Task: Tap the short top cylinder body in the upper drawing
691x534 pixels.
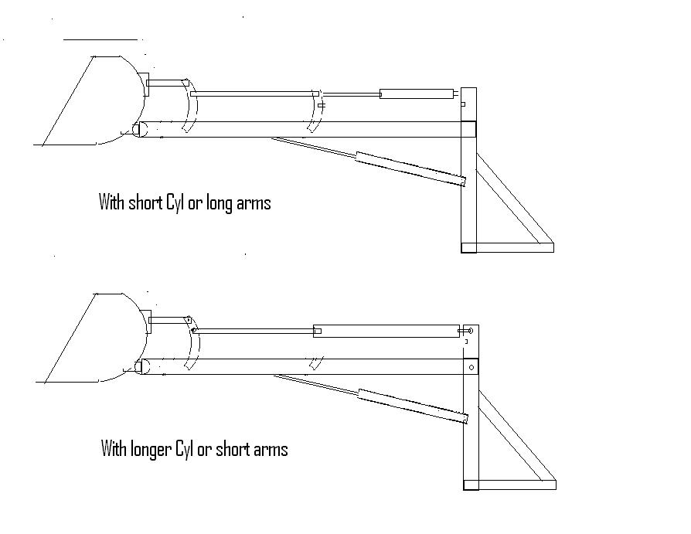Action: tap(417, 94)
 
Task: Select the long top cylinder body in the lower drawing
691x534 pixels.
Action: tap(386, 331)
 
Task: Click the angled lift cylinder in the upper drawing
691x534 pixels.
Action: tap(410, 168)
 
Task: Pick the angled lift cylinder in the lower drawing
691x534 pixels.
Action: tap(413, 406)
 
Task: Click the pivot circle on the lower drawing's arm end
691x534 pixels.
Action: tap(471, 367)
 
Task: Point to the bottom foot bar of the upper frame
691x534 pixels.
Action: tap(507, 247)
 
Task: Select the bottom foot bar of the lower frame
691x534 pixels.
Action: tap(510, 485)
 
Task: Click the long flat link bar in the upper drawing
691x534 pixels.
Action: tap(255, 94)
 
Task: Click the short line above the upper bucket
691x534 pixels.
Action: tap(100, 39)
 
